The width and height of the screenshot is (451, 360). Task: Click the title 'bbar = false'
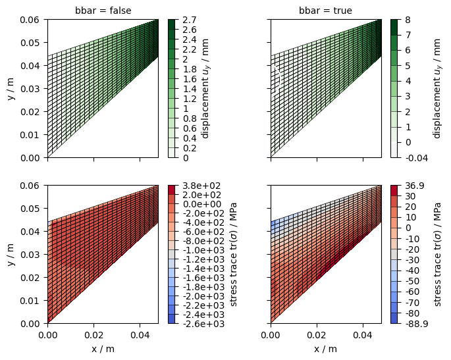click(x=103, y=11)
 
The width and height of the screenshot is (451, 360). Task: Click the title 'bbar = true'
click(x=325, y=11)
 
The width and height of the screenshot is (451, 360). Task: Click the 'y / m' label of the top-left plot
click(x=11, y=88)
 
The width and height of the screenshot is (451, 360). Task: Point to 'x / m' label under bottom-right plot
click(x=325, y=349)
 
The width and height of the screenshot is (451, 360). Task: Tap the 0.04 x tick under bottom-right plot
click(x=363, y=335)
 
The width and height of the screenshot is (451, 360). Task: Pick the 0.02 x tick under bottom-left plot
click(x=93, y=335)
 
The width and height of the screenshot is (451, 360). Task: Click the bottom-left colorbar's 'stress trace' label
click(x=234, y=254)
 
